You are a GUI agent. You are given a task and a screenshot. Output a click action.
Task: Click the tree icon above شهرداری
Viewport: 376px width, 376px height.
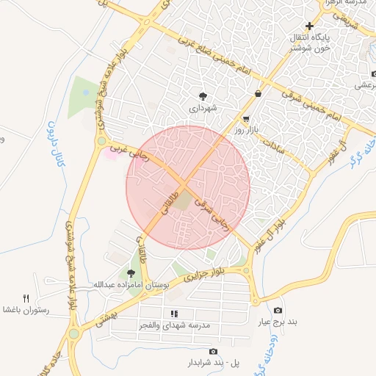click(x=203, y=96)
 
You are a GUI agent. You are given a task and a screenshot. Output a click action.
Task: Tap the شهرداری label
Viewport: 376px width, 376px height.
click(x=203, y=108)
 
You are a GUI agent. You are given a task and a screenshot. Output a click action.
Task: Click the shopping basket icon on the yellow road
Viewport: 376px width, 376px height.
click(x=258, y=93)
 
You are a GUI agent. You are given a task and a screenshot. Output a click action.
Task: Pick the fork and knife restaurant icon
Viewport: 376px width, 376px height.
click(x=26, y=297)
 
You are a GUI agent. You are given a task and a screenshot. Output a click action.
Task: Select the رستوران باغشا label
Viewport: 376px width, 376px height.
click(x=25, y=310)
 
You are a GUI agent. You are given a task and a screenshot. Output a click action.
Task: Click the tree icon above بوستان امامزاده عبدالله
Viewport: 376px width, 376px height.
click(x=131, y=273)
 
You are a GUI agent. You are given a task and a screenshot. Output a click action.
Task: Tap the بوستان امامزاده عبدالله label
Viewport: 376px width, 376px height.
click(x=131, y=284)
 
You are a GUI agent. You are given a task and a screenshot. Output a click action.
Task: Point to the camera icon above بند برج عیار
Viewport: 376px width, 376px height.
click(x=278, y=309)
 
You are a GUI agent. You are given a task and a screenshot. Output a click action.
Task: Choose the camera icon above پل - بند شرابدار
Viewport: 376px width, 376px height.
click(x=213, y=352)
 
